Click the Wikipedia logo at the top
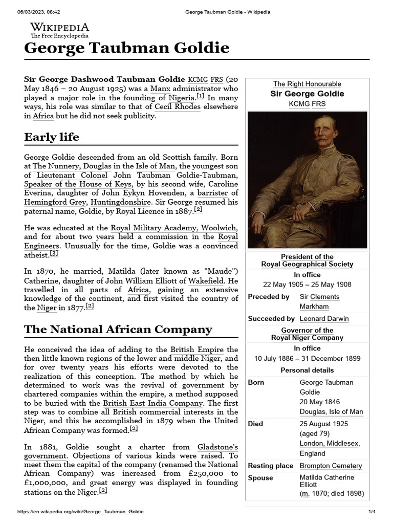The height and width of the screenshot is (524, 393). click(x=59, y=30)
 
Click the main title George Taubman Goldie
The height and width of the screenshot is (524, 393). click(x=127, y=49)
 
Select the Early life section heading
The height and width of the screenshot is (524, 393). click(x=52, y=137)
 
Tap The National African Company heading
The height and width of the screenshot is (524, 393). click(x=118, y=329)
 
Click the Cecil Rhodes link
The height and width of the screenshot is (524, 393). click(x=177, y=106)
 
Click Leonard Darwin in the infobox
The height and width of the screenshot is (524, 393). click(x=324, y=318)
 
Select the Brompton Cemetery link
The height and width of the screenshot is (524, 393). click(x=331, y=466)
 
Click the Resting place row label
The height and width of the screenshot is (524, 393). click(x=270, y=466)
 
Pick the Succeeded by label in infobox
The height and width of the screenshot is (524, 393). click(x=271, y=318)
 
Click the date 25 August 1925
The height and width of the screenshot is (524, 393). click(x=324, y=424)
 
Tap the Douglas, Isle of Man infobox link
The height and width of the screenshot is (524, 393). click(x=331, y=411)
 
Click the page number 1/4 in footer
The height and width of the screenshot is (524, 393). click(x=372, y=512)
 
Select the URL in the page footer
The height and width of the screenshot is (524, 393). click(x=80, y=512)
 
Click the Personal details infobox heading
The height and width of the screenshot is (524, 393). click(x=307, y=370)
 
